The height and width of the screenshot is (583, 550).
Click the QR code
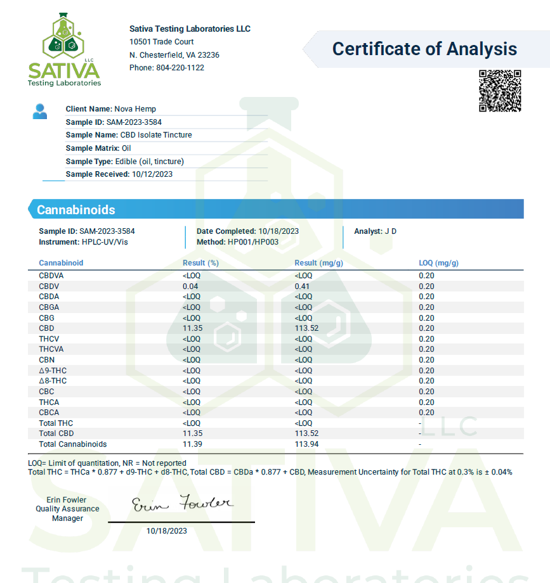click(x=500, y=91)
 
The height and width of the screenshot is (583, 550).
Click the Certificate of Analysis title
click(x=424, y=49)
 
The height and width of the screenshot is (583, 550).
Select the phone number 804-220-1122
click(x=180, y=68)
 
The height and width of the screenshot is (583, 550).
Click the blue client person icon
click(x=40, y=112)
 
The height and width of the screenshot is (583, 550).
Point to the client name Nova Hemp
click(x=135, y=109)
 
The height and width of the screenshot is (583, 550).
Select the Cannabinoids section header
click(x=76, y=210)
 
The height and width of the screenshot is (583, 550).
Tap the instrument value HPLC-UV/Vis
click(x=109, y=242)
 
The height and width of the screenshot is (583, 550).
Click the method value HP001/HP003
click(x=253, y=242)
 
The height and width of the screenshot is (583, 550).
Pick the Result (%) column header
click(x=200, y=263)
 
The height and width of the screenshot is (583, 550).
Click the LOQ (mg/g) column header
click(x=438, y=263)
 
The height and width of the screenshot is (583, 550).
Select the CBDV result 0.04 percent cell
click(x=190, y=286)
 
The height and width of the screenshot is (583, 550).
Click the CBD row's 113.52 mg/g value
click(x=306, y=328)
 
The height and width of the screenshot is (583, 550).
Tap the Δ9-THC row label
click(x=53, y=371)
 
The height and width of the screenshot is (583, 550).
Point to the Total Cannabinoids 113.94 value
click(x=306, y=444)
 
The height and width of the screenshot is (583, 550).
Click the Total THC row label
click(x=56, y=423)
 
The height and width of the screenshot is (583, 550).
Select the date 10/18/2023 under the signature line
click(x=167, y=531)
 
